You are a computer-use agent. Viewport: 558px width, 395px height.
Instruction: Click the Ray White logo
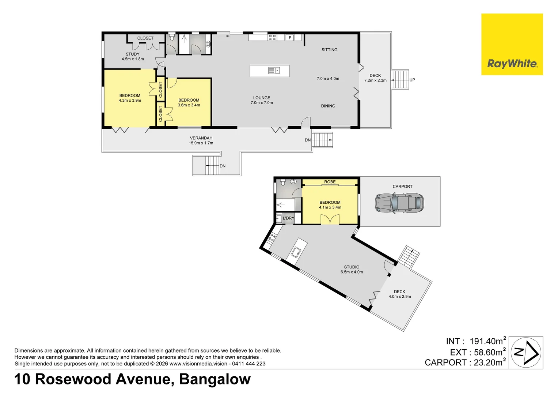pyautogui.click(x=512, y=45)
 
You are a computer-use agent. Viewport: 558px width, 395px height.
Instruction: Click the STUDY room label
pyautogui.click(x=132, y=54)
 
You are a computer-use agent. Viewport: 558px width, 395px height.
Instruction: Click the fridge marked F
pyautogui.click(x=290, y=38)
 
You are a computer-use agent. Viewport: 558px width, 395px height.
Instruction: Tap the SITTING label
pyautogui.click(x=329, y=50)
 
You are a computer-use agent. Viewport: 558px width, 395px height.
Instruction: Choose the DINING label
pyautogui.click(x=328, y=106)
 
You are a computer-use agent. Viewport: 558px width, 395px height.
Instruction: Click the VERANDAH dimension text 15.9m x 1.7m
pyautogui.click(x=201, y=143)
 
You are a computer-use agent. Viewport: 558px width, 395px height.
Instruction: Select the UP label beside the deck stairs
pyautogui.click(x=412, y=80)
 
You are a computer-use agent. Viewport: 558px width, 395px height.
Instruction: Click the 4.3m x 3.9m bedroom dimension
pyautogui.click(x=130, y=101)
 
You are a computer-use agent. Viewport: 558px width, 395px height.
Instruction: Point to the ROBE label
pyautogui.click(x=330, y=182)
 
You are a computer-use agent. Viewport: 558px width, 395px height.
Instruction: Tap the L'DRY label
pyautogui.click(x=288, y=218)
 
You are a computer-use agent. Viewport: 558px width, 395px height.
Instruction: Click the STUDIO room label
pyautogui.click(x=352, y=267)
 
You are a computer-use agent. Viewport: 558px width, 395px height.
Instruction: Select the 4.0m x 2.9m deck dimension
pyautogui.click(x=399, y=297)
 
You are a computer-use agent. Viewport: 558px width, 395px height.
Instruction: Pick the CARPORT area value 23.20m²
pyautogui.click(x=489, y=362)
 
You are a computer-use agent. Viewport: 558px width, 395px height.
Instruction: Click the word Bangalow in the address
pyautogui.click(x=215, y=379)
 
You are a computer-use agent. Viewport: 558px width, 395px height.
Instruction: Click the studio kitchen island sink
pyautogui.click(x=296, y=252)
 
